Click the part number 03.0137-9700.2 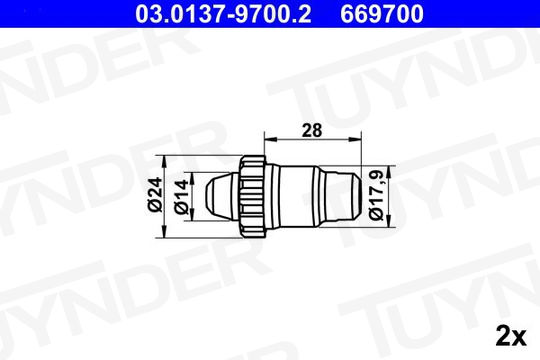click(223, 14)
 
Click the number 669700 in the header click(382, 14)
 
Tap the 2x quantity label click(511, 336)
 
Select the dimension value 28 click(312, 131)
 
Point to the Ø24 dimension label click(155, 194)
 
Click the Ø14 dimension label click(181, 196)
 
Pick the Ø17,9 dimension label click(376, 196)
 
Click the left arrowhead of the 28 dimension click(271, 139)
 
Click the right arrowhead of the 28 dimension click(354, 139)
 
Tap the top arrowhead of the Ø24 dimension click(165, 162)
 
